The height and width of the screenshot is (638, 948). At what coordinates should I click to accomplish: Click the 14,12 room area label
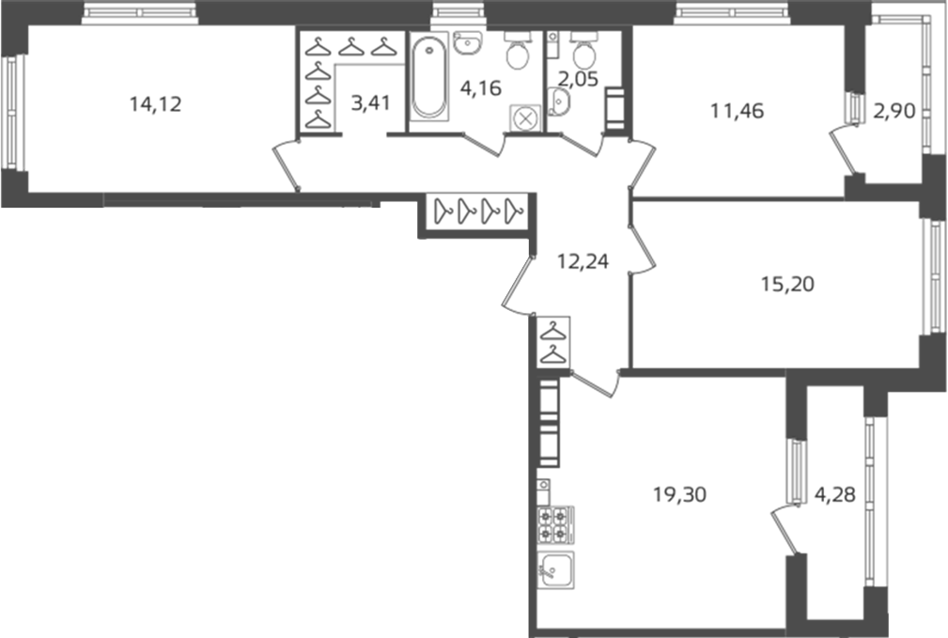[155, 104]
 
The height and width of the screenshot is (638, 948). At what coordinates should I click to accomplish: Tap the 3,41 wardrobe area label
[370, 102]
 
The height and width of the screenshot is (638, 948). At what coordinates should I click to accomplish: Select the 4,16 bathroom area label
[481, 88]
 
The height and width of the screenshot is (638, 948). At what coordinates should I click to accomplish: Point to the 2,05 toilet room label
[578, 79]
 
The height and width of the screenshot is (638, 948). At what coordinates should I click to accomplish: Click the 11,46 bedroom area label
[737, 111]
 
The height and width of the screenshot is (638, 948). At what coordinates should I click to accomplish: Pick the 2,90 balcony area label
[894, 111]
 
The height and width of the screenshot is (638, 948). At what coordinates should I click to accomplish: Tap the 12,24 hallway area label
[583, 262]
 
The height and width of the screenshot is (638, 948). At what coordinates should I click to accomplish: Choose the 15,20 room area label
[787, 284]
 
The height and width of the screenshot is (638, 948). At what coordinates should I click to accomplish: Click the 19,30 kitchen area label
[679, 495]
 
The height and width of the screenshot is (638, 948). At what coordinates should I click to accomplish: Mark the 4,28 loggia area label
[835, 495]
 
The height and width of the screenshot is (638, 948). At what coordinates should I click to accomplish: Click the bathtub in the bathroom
[429, 77]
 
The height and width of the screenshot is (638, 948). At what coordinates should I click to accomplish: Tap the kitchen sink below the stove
[555, 569]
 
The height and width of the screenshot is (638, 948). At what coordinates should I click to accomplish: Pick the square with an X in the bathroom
[526, 118]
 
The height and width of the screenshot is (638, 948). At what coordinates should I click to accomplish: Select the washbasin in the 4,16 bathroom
[467, 42]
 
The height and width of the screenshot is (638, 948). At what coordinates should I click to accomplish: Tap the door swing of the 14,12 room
[286, 166]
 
